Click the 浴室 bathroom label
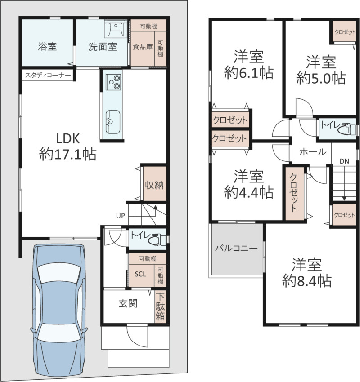tap(47, 46)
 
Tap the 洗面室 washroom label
tap(103, 47)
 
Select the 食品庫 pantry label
tap(143, 47)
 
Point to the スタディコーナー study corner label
tap(48, 76)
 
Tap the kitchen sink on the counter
tap(112, 122)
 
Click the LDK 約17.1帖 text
tap(68, 146)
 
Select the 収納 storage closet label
tap(154, 185)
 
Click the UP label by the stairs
tap(121, 216)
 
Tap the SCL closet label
tap(140, 274)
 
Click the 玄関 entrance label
tap(128, 303)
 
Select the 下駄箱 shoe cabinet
tap(161, 306)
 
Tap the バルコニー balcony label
tap(236, 248)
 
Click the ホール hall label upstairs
tap(313, 152)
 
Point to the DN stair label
tap(344, 161)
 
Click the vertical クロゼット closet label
tap(294, 192)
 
